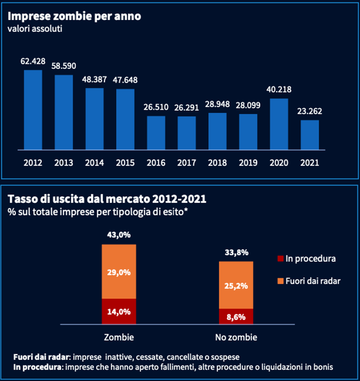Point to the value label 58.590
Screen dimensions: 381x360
[63, 66]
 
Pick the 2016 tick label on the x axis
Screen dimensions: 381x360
[156, 162]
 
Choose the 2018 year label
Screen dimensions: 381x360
[218, 162]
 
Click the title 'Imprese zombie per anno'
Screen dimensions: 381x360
[75, 16]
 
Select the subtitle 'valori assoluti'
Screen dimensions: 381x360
[35, 29]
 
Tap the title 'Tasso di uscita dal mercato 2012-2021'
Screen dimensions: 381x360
[97, 199]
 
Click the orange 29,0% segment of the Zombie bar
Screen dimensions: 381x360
[119, 271]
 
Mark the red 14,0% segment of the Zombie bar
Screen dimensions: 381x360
[119, 311]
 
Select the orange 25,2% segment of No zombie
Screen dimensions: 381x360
[236, 285]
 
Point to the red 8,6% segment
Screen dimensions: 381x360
[236, 316]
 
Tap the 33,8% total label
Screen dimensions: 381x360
[236, 252]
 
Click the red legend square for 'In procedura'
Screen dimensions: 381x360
[280, 258]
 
